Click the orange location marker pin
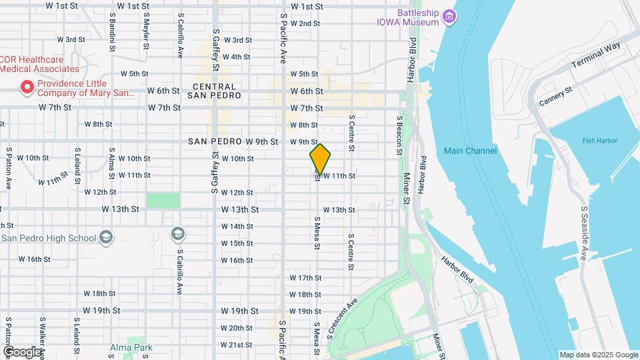point(320,159)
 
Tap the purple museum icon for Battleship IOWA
point(449,17)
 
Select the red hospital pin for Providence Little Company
point(27,86)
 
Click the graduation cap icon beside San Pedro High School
point(106,237)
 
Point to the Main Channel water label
point(470,151)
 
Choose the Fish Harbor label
point(599,141)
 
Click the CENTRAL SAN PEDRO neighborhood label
point(214,91)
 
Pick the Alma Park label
point(132,347)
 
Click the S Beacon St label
point(399,135)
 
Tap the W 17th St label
point(305,277)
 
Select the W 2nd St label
point(305,23)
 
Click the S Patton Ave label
point(9,168)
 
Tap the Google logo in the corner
point(22,351)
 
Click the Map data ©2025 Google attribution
point(598,355)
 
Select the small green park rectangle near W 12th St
point(163,201)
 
